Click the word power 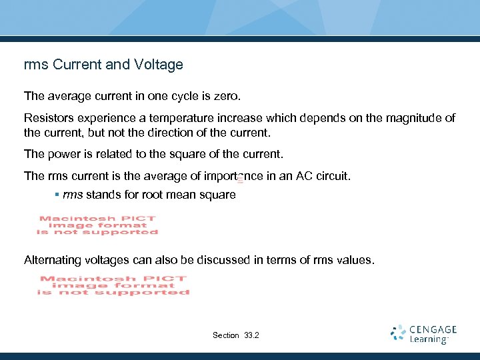coord(63,155)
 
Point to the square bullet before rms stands coord(57,195)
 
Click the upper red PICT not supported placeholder coord(97,225)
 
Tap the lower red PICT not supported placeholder coord(113,285)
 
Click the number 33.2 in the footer coord(252,335)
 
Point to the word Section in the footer coord(225,335)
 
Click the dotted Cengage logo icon coord(399,333)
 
